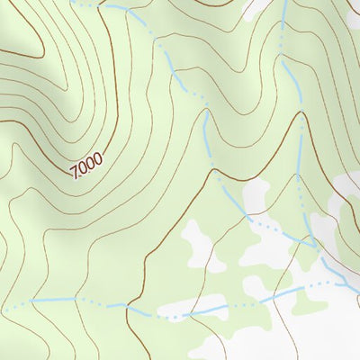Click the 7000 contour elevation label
pos(86,165)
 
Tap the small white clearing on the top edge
pos(256,7)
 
